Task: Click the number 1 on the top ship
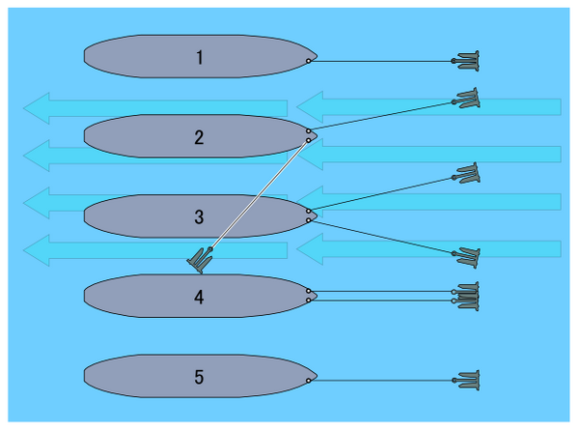click(199, 57)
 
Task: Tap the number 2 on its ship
click(199, 136)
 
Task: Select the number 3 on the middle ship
click(199, 216)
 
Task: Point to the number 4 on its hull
click(199, 297)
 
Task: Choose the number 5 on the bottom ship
click(199, 376)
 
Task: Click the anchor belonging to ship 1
click(468, 61)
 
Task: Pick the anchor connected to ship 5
click(468, 381)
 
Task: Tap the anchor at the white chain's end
click(202, 259)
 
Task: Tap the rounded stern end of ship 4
click(85, 296)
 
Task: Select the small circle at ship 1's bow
click(308, 61)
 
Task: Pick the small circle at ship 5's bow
click(308, 381)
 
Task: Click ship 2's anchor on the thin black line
click(468, 98)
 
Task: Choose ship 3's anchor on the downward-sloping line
click(468, 256)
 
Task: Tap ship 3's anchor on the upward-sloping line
click(468, 175)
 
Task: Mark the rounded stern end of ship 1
click(85, 57)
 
